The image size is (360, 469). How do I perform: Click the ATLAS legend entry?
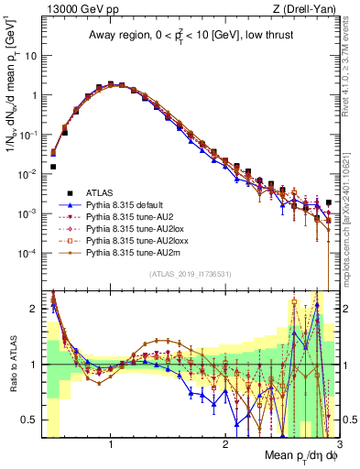click(101, 192)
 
